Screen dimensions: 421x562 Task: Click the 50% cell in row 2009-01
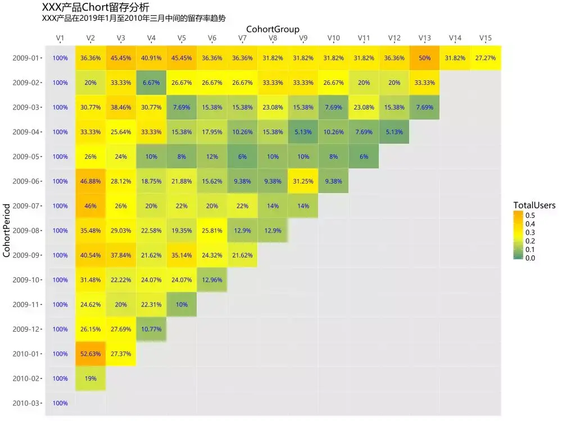425,58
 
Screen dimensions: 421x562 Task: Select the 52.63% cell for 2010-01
90,354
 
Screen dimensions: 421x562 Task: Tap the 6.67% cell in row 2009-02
151,83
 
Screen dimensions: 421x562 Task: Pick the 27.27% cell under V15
486,58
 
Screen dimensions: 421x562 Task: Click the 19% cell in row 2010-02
90,378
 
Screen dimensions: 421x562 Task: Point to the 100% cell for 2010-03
60,403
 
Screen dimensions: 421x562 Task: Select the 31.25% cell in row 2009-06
303,181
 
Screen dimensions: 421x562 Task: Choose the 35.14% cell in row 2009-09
182,255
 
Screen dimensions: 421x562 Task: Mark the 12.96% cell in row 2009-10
212,280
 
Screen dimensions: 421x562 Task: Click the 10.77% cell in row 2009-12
151,329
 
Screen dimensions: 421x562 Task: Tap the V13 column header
425,38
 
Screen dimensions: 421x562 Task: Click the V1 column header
60,38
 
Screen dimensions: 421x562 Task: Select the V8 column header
273,38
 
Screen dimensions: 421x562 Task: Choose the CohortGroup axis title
273,29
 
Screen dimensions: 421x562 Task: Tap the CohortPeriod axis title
7,231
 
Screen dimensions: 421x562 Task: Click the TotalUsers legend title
534,205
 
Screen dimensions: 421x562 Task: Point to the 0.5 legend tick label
530,216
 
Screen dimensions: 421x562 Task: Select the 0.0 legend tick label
530,258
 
